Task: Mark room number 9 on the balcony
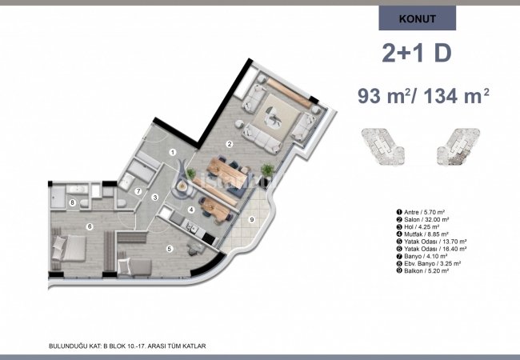point(251,219)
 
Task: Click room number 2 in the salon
point(230,144)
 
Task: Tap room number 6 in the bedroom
point(90,227)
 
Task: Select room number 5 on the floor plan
point(169,249)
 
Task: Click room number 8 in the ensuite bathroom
point(73,202)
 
